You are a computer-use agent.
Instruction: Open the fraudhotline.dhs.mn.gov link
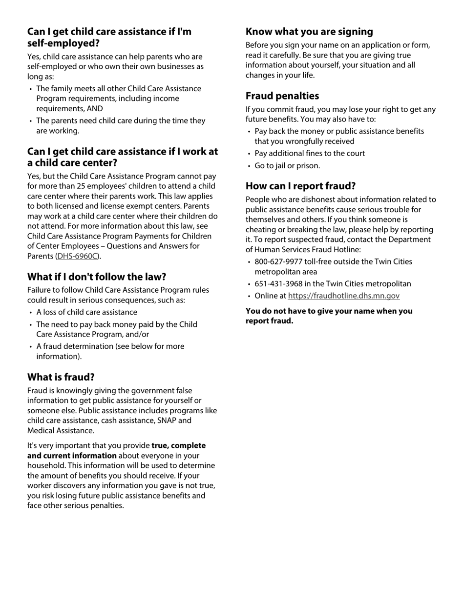tap(343, 296)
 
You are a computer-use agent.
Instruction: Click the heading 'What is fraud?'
tap(61, 377)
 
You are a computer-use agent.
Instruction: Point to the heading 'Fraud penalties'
tap(282, 96)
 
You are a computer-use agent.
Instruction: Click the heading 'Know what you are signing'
tap(309, 32)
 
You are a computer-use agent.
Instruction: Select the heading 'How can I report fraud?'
tap(300, 186)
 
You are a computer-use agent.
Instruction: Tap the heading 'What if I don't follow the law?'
tap(97, 277)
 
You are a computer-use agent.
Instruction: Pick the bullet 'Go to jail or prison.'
tap(287, 166)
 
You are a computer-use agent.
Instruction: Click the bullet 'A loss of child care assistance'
tap(86, 312)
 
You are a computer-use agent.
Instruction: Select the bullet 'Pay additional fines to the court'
tap(310, 153)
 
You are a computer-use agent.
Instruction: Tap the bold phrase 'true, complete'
tap(179, 445)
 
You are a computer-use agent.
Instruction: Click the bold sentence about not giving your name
tap(329, 316)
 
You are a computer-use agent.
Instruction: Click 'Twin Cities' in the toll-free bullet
tap(392, 262)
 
